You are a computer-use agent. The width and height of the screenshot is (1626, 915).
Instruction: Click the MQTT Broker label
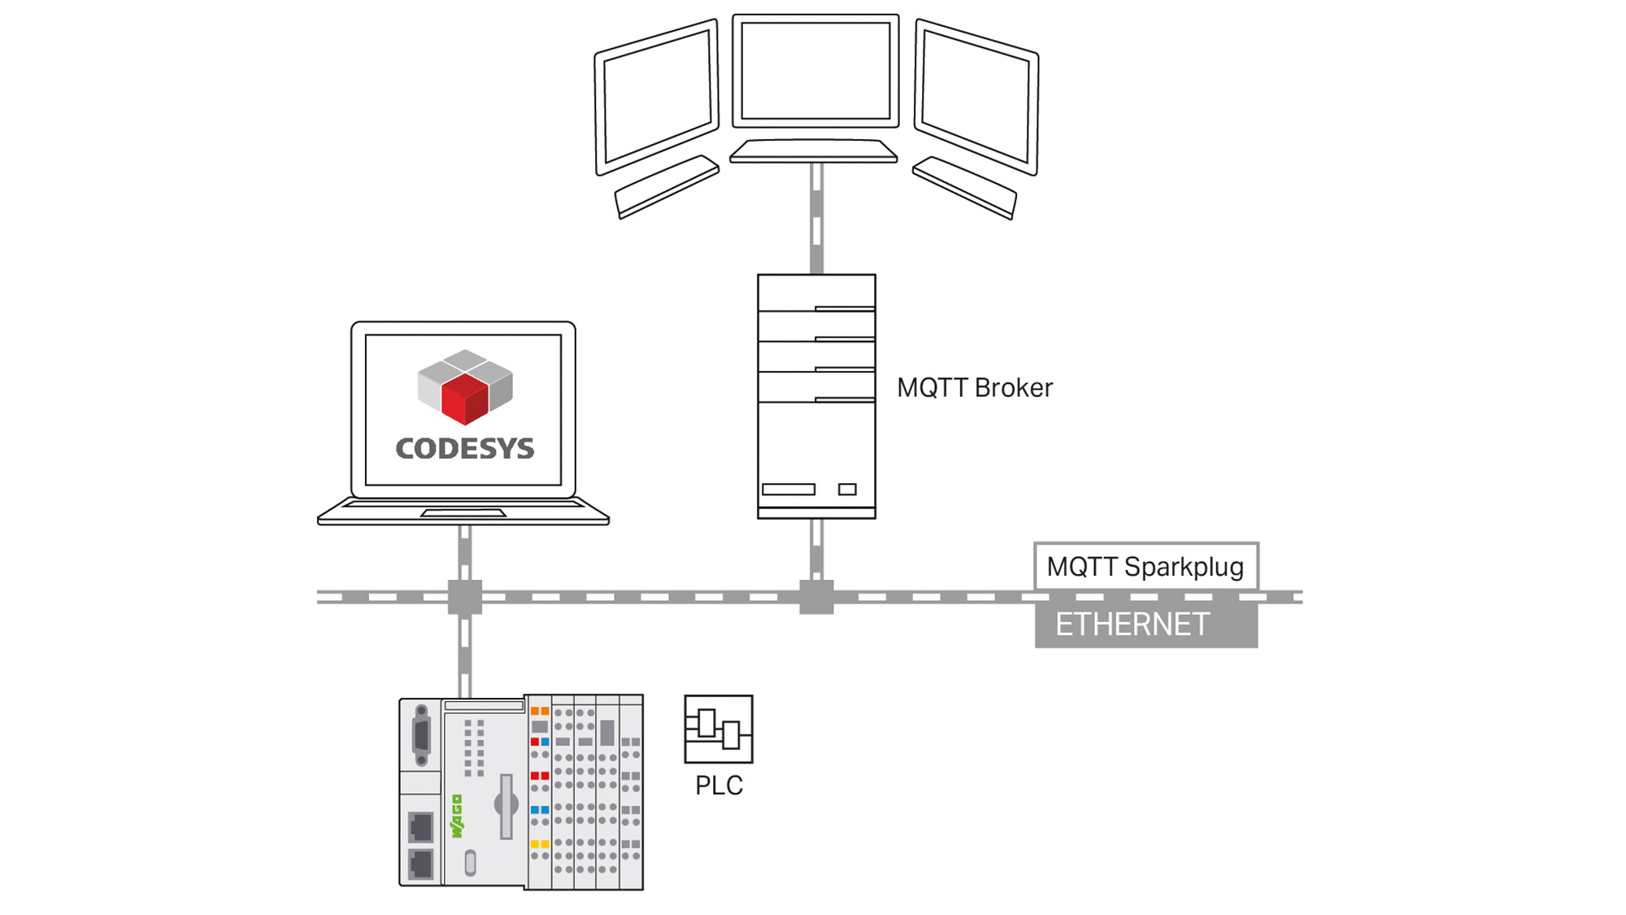click(974, 388)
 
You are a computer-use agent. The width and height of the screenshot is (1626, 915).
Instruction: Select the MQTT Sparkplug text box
click(1146, 566)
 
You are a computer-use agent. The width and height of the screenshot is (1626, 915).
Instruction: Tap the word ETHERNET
click(1132, 625)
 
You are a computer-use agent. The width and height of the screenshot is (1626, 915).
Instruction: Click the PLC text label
click(719, 786)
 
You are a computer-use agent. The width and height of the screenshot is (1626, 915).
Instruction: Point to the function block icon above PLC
click(719, 729)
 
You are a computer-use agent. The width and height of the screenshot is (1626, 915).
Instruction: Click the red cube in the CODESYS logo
click(464, 399)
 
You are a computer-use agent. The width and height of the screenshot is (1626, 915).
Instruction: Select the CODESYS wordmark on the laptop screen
click(464, 448)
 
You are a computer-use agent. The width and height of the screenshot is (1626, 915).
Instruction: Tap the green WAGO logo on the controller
click(457, 817)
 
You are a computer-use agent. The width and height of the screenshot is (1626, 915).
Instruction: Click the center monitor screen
click(815, 71)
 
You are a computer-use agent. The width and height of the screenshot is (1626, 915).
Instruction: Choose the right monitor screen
click(976, 97)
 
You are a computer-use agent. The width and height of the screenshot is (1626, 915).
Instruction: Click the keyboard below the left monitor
click(667, 186)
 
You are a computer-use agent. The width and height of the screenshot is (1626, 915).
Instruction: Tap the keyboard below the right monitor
click(965, 187)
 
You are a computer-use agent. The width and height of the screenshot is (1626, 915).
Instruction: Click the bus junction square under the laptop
click(465, 597)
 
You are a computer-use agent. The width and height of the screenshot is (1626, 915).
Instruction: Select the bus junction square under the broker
click(816, 597)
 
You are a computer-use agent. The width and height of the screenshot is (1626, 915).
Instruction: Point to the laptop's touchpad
click(463, 513)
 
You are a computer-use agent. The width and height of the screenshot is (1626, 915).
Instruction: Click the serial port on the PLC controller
click(421, 736)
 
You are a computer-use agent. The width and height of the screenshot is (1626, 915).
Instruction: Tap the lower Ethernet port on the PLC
click(420, 863)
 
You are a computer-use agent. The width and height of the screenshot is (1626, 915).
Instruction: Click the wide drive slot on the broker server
click(789, 489)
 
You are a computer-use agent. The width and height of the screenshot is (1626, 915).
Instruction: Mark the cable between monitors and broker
click(816, 218)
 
